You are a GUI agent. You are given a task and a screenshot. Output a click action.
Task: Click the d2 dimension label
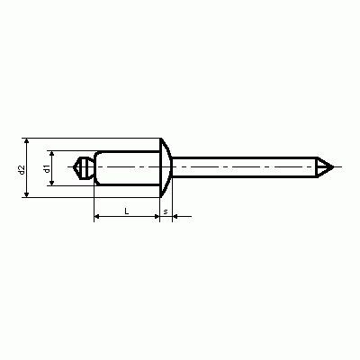click(x=21, y=169)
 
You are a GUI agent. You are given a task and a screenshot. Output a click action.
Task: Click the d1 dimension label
click(x=47, y=169)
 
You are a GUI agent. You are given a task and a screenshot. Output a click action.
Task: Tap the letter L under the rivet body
click(x=127, y=211)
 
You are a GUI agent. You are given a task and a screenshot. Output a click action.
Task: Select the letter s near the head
click(x=166, y=211)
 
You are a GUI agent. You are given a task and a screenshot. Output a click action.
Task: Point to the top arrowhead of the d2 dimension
click(x=27, y=141)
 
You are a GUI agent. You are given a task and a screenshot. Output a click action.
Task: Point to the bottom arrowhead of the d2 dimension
click(x=27, y=194)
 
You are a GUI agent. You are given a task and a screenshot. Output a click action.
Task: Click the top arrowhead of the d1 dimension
click(x=52, y=154)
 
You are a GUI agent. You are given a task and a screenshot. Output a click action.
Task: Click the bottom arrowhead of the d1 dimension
click(x=52, y=182)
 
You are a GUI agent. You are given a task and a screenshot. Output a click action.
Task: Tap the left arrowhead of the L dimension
click(x=97, y=216)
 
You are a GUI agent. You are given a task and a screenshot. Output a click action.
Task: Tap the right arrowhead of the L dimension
click(x=157, y=216)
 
